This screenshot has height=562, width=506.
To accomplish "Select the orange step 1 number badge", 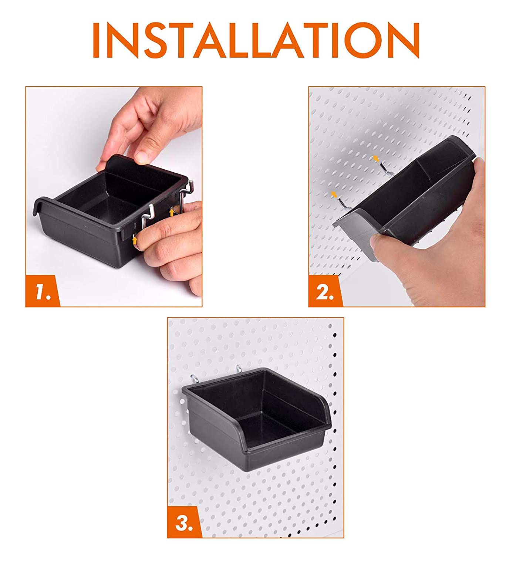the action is pos(42,291).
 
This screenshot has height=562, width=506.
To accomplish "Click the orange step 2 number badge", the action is pos(325,291).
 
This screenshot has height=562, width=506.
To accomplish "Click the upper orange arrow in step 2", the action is pos(376,159).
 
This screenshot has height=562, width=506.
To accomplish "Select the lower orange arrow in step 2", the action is pos(334,194).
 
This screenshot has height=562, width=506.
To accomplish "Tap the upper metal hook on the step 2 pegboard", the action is pos(386,169).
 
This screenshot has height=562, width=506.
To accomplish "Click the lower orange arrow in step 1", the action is pos(135,240).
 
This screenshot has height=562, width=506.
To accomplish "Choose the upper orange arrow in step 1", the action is pos(172,212).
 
